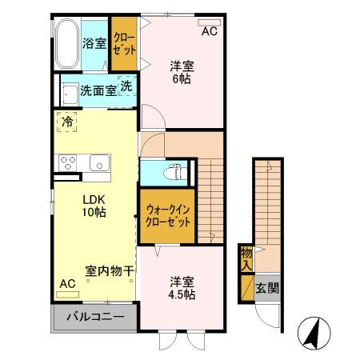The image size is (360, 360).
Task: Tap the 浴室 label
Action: pyautogui.click(x=94, y=43)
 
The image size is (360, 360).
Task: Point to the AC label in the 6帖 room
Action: pyautogui.click(x=209, y=32)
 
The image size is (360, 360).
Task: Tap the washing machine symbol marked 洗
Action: pyautogui.click(x=126, y=86)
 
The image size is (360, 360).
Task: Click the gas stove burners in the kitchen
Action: pyautogui.click(x=67, y=161)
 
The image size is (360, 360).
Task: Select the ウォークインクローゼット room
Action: pyautogui.click(x=167, y=216)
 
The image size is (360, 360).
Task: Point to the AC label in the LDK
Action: pyautogui.click(x=67, y=284)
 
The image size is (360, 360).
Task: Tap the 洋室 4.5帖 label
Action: pyautogui.click(x=182, y=288)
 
